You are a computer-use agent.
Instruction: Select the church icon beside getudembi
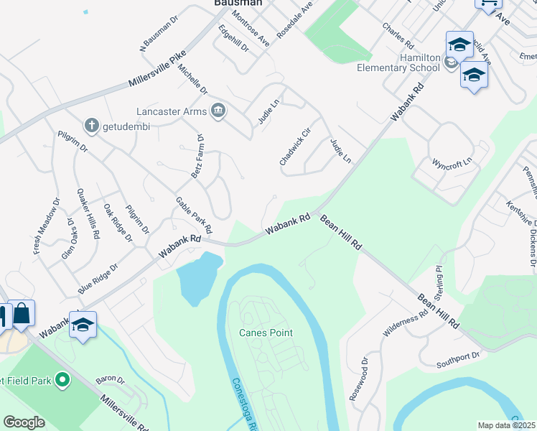click(91, 126)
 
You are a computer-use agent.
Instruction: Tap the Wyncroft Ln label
click(454, 162)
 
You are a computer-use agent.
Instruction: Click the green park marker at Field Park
click(62, 379)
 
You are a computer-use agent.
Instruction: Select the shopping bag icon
click(22, 313)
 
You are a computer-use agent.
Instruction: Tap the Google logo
click(24, 422)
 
